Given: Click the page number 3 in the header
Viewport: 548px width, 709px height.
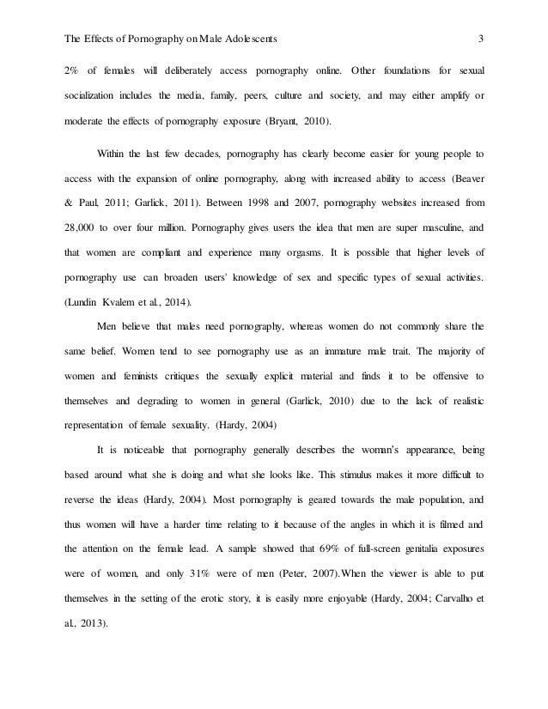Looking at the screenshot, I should click(482, 38).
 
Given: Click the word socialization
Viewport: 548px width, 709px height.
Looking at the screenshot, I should click(93, 94).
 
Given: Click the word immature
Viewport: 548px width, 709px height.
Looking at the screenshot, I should click(320, 350).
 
